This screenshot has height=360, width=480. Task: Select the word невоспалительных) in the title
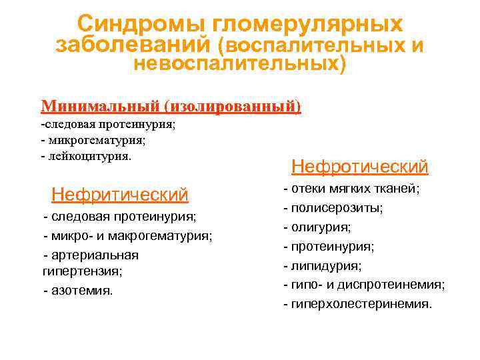240,65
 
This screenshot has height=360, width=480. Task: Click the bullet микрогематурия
93,140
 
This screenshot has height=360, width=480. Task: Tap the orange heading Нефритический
120,195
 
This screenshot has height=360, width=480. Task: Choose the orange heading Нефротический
360,166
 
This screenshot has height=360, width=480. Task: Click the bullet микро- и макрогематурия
128,236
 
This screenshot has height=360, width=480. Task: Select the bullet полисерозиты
333,208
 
